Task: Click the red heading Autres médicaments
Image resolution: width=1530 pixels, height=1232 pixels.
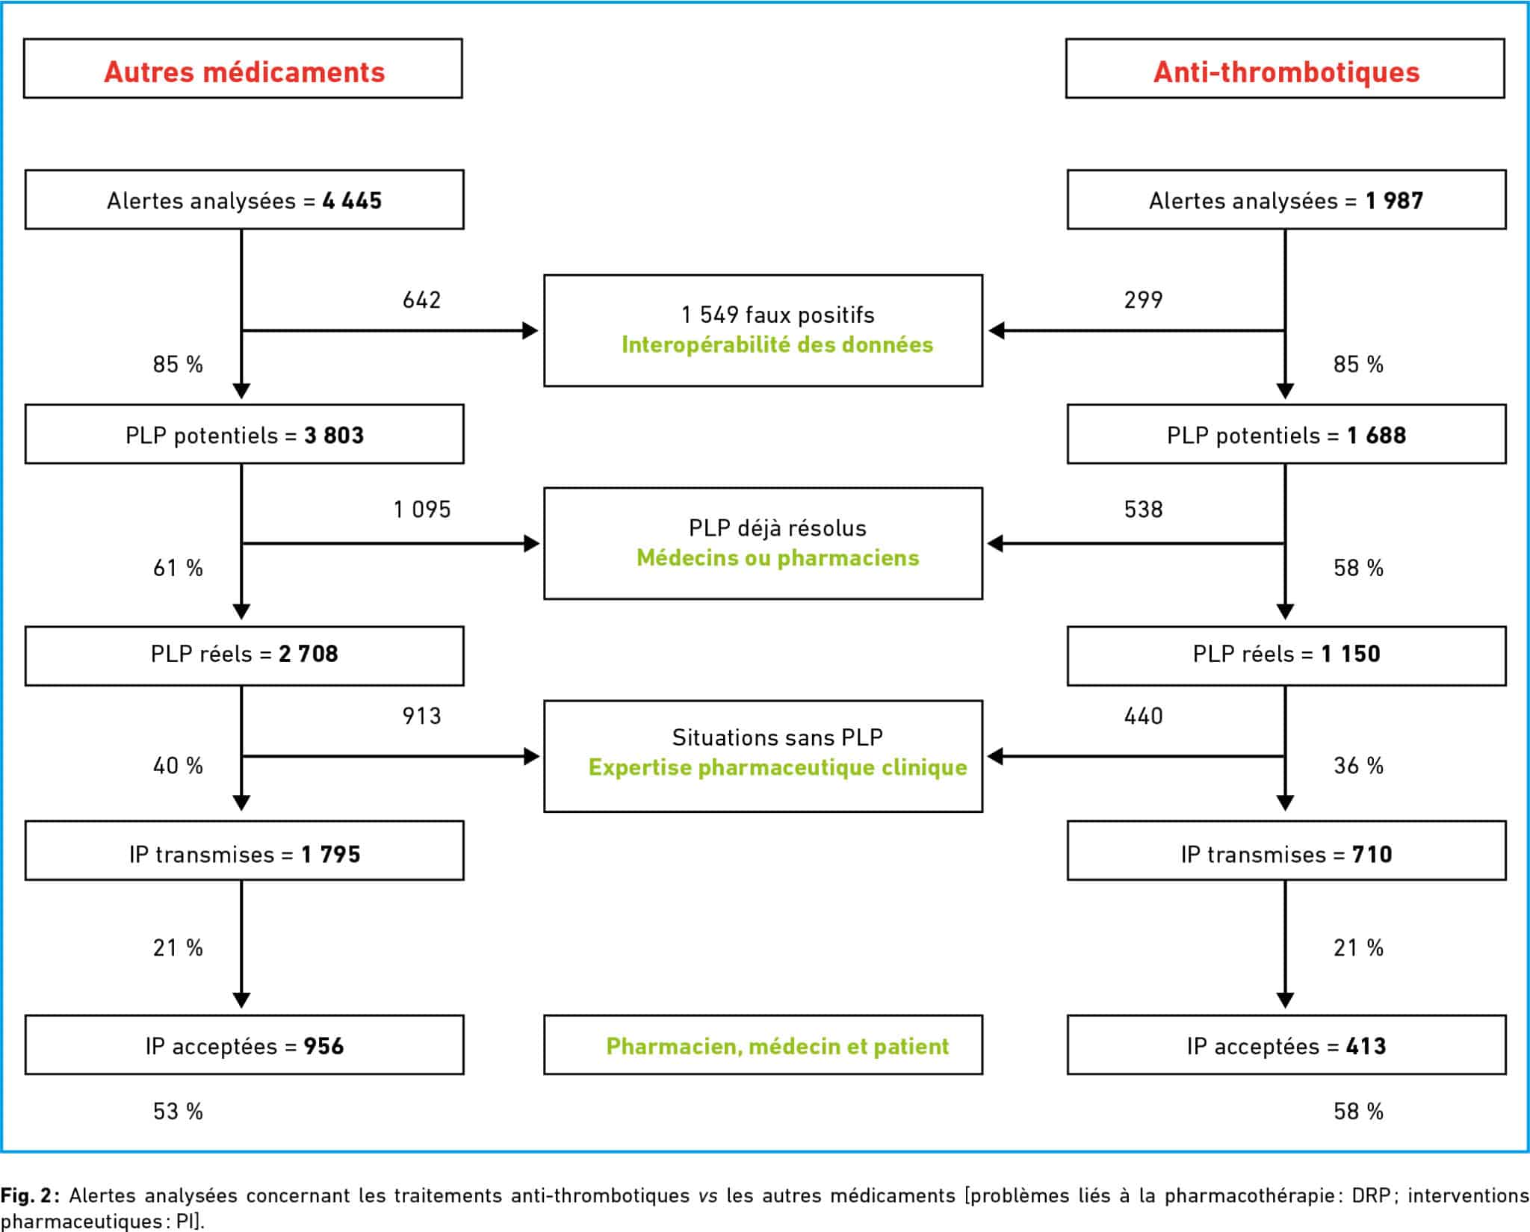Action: pos(244,72)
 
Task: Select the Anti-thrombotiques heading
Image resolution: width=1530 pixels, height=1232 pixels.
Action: pos(1286,72)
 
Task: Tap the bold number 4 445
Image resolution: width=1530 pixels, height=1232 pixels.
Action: pos(352,200)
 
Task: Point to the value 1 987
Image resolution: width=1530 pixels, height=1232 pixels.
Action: pos(1394,200)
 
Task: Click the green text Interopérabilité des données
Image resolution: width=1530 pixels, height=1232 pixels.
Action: pos(777,344)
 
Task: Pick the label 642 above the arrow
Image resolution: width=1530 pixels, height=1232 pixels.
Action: pos(421,300)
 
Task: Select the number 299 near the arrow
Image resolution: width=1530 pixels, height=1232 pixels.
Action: pos(1143,300)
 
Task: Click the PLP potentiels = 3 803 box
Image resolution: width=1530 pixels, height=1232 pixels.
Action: pos(244,434)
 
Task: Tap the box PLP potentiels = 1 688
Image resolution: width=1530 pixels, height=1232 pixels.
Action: pos(1286,434)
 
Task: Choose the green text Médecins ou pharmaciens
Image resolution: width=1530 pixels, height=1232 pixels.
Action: pos(777,557)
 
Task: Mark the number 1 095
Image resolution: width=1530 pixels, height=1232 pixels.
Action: pos(422,510)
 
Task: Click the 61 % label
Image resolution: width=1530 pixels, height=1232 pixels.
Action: pos(178,568)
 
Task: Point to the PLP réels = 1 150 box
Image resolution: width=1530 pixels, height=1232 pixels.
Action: pos(1286,655)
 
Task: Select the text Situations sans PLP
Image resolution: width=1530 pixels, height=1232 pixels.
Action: pos(777,737)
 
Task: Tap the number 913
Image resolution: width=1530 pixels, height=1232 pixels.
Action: pos(421,716)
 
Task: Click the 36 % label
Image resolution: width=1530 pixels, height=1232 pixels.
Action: pos(1358,765)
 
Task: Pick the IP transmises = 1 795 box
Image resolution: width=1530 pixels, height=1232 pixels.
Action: pos(244,850)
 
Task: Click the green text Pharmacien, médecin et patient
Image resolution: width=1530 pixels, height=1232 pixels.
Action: pos(777,1046)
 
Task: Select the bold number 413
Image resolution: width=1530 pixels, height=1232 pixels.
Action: pos(1366,1046)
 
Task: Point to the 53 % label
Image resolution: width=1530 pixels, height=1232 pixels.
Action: pos(178,1111)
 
